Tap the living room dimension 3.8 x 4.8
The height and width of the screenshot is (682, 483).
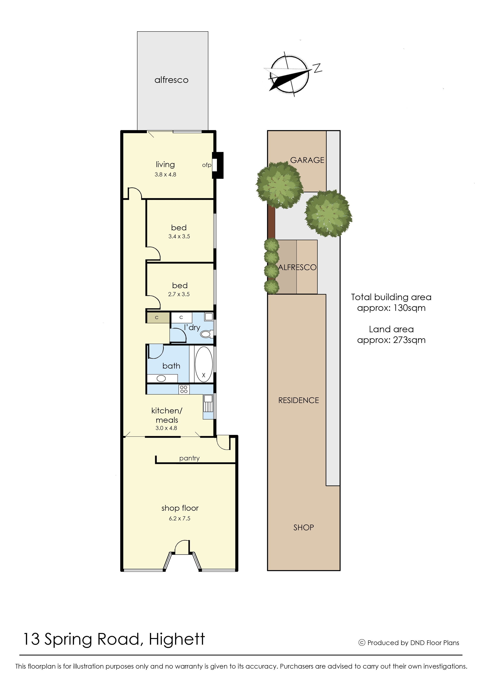(x=165, y=175)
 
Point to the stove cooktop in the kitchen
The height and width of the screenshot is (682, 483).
(x=184, y=389)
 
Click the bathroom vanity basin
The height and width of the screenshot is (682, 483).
(x=161, y=379)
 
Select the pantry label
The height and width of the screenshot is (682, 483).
(x=189, y=458)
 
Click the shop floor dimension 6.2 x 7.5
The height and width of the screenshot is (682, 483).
(x=180, y=519)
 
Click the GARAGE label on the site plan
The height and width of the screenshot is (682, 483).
(x=307, y=160)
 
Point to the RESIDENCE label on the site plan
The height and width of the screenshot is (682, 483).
(x=299, y=400)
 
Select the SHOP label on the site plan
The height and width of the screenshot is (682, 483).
(x=304, y=528)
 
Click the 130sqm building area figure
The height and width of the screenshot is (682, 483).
(x=409, y=308)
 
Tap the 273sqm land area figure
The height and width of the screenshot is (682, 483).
(x=409, y=340)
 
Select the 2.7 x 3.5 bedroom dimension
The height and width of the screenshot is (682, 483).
(x=179, y=294)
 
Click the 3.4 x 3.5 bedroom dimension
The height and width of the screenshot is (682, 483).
(x=179, y=237)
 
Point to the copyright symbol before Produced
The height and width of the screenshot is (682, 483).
(x=362, y=643)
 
